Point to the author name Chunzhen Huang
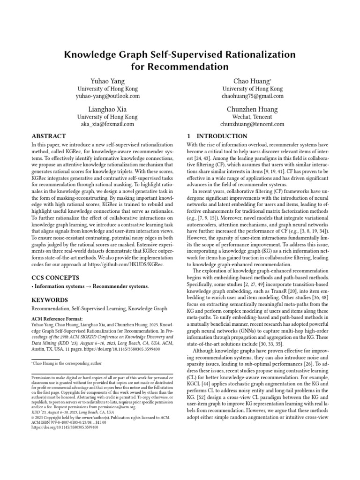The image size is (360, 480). tap(252, 109)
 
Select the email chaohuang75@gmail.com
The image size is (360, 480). tap(252, 96)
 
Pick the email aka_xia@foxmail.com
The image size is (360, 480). tap(107, 124)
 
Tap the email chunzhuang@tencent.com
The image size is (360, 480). tap(252, 124)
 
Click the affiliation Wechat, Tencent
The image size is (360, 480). tap(252, 117)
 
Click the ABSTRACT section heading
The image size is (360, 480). tap(49, 136)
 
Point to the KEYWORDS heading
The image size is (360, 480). tap(50, 300)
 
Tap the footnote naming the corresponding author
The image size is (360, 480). tap(67, 363)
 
